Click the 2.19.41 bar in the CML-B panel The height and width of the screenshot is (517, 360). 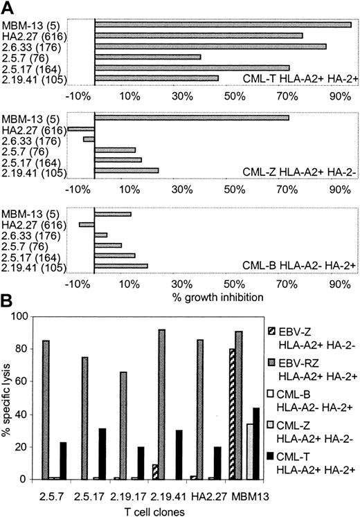coord(121,265)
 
